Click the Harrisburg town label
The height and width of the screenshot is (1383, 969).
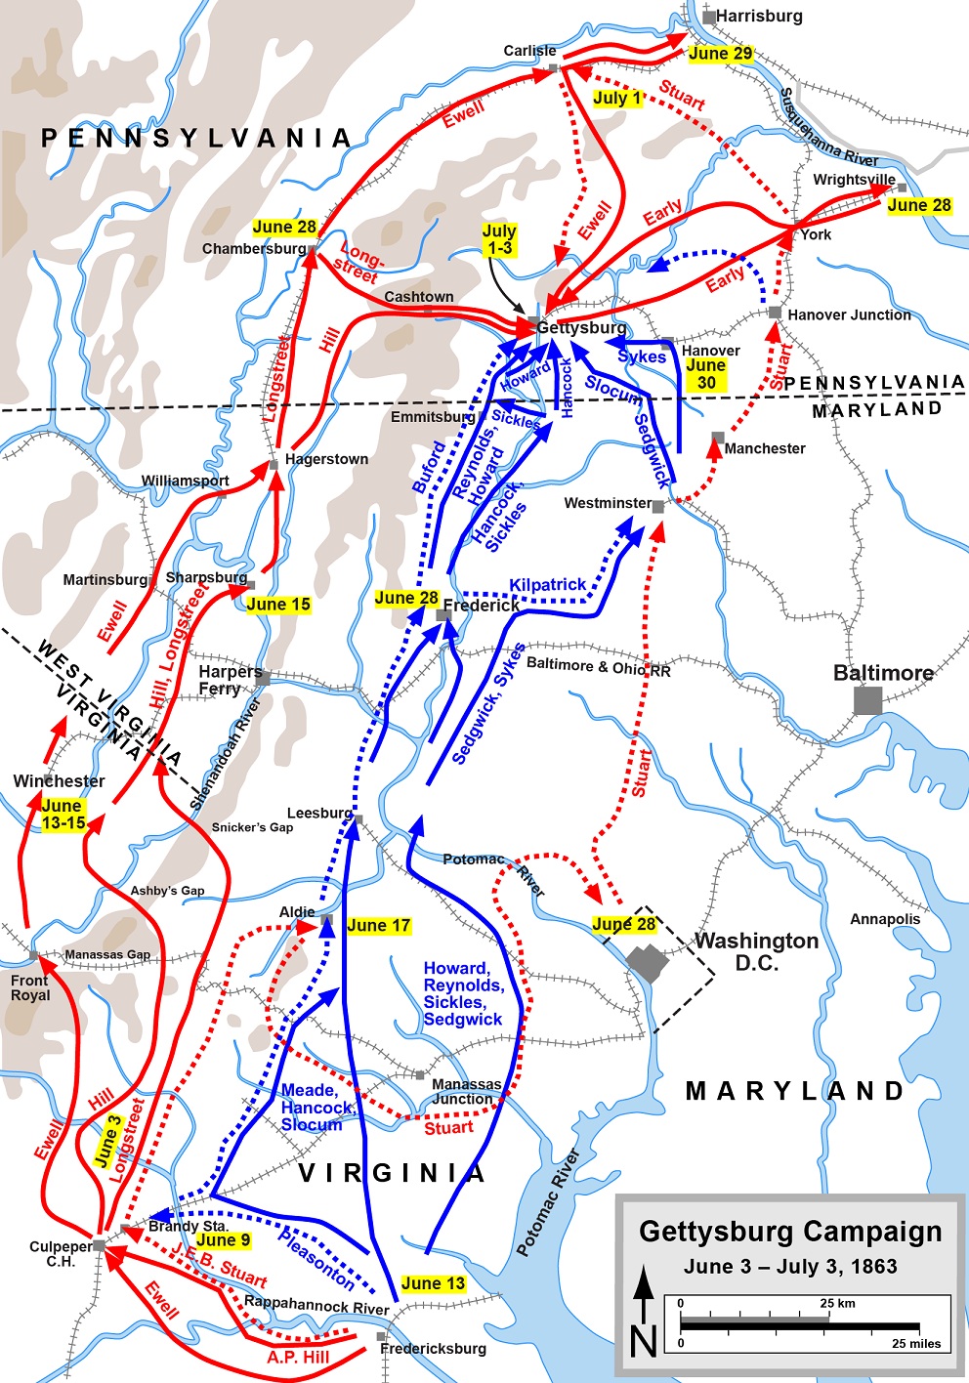coord(759,16)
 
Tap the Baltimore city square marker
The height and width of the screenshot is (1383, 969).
coord(867,700)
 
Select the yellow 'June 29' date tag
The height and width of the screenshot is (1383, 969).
coord(721,54)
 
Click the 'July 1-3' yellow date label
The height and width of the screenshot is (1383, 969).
coord(499,240)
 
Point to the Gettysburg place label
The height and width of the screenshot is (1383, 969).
coord(581,328)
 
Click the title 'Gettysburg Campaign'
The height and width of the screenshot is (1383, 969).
coord(790,1232)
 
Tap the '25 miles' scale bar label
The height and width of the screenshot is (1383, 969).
coord(915,1343)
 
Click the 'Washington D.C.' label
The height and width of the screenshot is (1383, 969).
coord(757,951)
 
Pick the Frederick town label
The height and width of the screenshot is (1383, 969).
coord(482,606)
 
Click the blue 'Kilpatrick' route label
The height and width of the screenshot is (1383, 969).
coord(547,584)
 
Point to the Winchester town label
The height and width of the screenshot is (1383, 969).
coord(59,781)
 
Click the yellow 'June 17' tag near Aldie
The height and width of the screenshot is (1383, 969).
coord(378,925)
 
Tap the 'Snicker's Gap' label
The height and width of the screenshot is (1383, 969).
coord(252,827)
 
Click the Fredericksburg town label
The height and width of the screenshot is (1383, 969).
coord(433,1349)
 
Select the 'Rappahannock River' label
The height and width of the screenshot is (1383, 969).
coord(316,1305)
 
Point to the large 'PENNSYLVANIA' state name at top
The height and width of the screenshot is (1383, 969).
coord(195,138)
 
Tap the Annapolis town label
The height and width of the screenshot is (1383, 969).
coord(885,919)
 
